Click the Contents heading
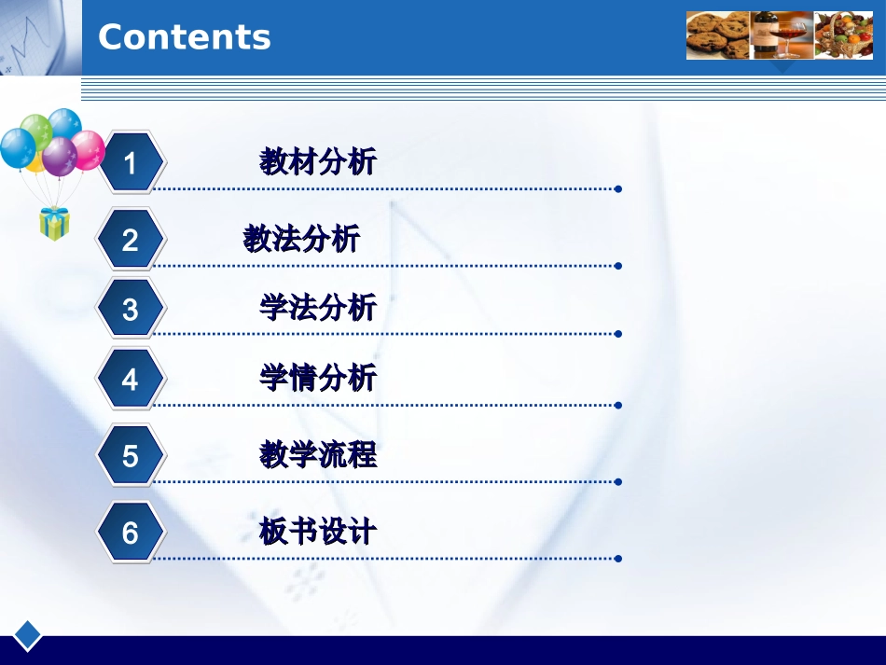click(184, 37)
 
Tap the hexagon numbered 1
click(131, 163)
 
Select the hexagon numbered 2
click(131, 240)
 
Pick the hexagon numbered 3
click(131, 309)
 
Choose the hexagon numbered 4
click(131, 380)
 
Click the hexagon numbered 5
click(131, 456)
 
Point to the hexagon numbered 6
click(131, 533)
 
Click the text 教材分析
click(318, 162)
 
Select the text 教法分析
click(301, 239)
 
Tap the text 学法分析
click(318, 307)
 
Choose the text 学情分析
click(318, 378)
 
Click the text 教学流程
click(318, 455)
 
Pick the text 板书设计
click(318, 532)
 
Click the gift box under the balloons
click(54, 224)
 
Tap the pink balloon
click(89, 150)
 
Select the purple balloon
click(60, 156)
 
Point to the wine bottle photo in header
click(782, 35)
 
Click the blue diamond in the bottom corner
click(28, 635)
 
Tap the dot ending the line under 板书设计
click(618, 559)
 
